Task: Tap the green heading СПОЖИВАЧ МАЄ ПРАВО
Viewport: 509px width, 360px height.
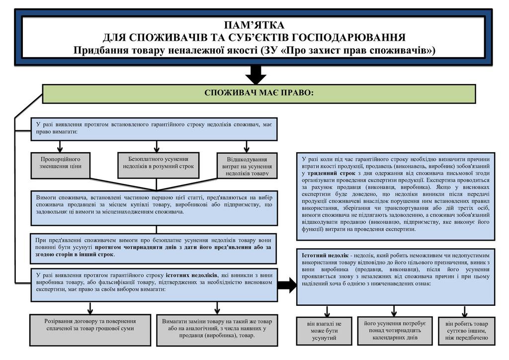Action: click(x=258, y=93)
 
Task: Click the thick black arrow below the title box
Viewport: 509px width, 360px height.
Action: click(x=256, y=75)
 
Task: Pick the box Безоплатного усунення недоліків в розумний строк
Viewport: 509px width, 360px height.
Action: click(x=158, y=163)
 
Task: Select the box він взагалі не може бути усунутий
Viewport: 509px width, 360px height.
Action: click(x=324, y=331)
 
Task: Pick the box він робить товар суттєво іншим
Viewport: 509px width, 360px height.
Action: click(x=466, y=330)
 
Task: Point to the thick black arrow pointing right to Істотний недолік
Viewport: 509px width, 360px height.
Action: click(x=287, y=285)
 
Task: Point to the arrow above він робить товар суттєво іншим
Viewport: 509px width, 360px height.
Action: click(x=465, y=311)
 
